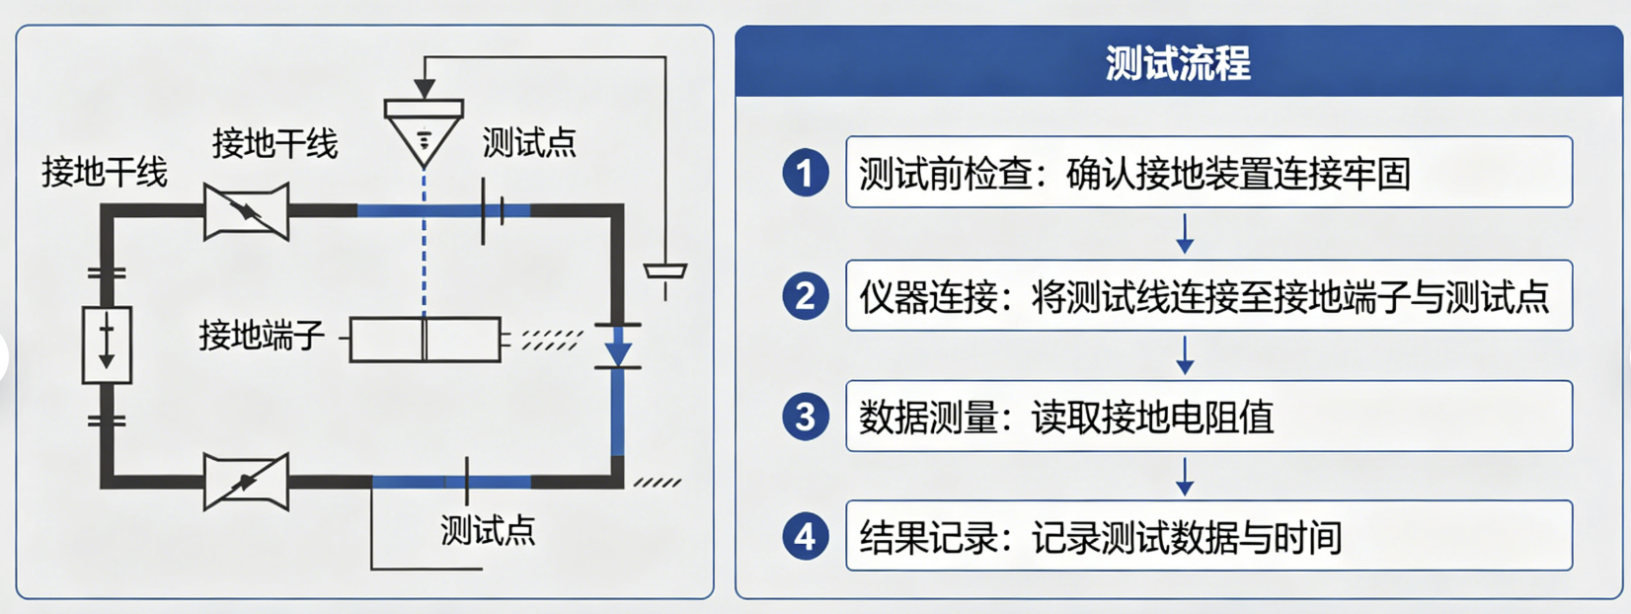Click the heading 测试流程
(x=1178, y=62)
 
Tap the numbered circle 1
(x=806, y=173)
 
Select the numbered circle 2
(x=806, y=296)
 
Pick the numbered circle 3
(x=806, y=417)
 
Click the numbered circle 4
(x=806, y=537)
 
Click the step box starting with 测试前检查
(x=1208, y=172)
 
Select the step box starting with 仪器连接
(x=1208, y=295)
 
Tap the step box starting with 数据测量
(x=1208, y=416)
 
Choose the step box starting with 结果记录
(x=1208, y=535)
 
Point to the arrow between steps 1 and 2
(x=1185, y=234)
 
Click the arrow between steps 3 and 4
(x=1185, y=477)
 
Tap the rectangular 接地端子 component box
(x=426, y=340)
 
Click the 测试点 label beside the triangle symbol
(x=529, y=142)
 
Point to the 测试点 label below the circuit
(x=488, y=530)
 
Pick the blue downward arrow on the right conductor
(x=618, y=345)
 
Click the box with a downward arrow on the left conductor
(x=107, y=345)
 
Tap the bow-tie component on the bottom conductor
(x=246, y=482)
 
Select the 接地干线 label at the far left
(x=104, y=173)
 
